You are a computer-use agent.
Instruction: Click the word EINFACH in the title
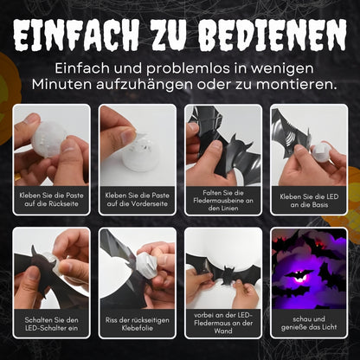(x=76, y=35)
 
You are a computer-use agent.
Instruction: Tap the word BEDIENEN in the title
(x=273, y=35)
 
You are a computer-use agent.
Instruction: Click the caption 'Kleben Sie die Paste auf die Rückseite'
(x=51, y=199)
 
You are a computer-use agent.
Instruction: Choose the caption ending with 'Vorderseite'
(x=138, y=199)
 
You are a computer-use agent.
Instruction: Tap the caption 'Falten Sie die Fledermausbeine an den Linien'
(x=223, y=200)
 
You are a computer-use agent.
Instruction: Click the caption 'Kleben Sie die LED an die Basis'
(x=309, y=201)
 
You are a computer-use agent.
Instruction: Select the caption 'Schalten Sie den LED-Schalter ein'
(x=51, y=324)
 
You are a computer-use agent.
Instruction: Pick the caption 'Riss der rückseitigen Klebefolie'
(x=138, y=324)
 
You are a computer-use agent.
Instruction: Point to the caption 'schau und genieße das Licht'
(x=309, y=323)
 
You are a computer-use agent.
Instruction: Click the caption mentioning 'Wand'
(x=223, y=323)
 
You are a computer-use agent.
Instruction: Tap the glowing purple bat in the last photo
(x=298, y=275)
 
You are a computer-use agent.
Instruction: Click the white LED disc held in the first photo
(x=48, y=139)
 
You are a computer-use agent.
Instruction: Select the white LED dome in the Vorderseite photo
(x=140, y=153)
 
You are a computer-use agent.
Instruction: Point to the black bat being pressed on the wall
(x=223, y=271)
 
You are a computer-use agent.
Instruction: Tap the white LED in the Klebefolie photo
(x=147, y=265)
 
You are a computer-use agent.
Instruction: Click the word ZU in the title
(x=168, y=35)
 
